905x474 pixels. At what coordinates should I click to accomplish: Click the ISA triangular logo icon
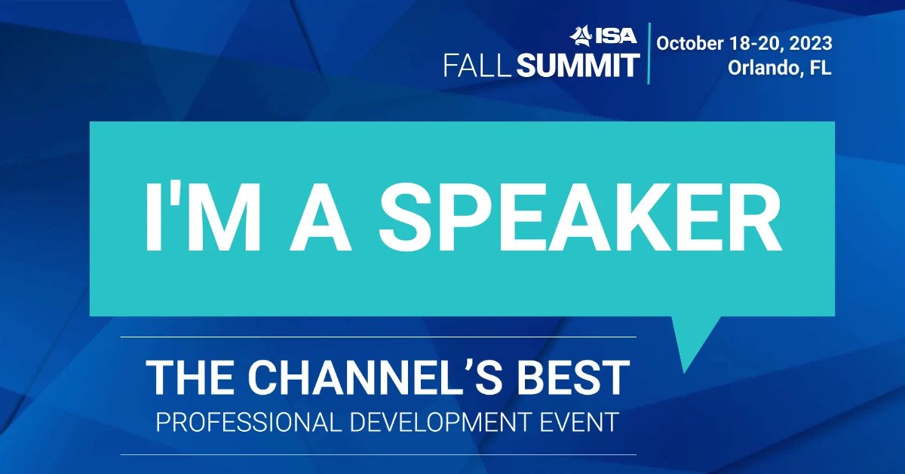[x=581, y=35]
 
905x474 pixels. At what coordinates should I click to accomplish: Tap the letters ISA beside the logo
[x=615, y=36]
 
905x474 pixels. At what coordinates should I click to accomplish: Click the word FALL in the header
[x=477, y=66]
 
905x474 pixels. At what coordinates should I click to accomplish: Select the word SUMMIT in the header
[x=578, y=66]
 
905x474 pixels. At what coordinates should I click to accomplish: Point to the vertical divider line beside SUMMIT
[x=649, y=54]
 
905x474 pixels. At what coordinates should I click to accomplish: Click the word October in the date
[x=691, y=43]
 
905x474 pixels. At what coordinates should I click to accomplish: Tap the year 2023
[x=811, y=43]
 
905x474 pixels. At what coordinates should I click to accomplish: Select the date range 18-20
[x=756, y=43]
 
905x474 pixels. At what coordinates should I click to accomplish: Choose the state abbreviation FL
[x=821, y=67]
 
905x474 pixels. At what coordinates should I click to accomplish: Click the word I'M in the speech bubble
[x=202, y=217]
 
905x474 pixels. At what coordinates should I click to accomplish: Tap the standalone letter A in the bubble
[x=321, y=218]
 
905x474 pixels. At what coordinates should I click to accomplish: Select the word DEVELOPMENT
[x=439, y=422]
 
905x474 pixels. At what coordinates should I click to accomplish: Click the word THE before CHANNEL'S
[x=190, y=377]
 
